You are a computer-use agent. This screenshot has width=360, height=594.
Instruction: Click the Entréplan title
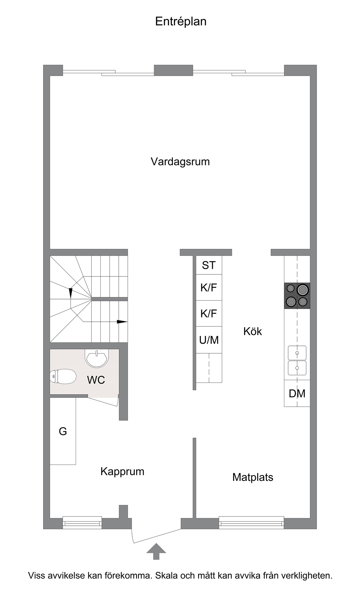pos(181,22)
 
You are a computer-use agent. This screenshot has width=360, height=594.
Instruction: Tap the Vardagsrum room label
pos(180,162)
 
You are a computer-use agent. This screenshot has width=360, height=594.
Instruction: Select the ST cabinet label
pos(209,265)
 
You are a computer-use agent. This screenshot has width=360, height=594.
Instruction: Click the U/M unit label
pos(209,340)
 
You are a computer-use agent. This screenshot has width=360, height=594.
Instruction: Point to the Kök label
pos(252,331)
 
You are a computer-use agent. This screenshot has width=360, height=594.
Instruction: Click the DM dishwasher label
pos(297,394)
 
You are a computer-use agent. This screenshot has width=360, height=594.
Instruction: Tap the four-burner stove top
pos(297,296)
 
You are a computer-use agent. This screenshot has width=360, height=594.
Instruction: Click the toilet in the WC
pos(63,376)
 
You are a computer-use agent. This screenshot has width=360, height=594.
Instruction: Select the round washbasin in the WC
pos(97,358)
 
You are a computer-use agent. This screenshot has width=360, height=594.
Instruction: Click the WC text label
pos(96,380)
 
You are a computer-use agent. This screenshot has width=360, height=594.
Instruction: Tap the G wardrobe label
pos(63,431)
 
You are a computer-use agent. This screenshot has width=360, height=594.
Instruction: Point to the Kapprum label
pos(122,472)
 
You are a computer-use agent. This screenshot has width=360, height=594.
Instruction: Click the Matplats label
pos(253,477)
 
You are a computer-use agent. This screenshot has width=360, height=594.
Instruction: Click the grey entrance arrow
pos(156,551)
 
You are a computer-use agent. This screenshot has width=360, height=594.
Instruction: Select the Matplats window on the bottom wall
pos(251,523)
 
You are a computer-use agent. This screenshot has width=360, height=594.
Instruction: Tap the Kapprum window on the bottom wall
pos(82,523)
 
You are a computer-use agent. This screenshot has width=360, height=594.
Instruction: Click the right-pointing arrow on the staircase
pos(122,322)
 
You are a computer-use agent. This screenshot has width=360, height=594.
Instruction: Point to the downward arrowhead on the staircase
pos(71,293)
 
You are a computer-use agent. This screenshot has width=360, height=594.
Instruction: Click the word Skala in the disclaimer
pos(167,576)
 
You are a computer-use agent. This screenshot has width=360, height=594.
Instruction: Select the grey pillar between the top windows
pos(174,70)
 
